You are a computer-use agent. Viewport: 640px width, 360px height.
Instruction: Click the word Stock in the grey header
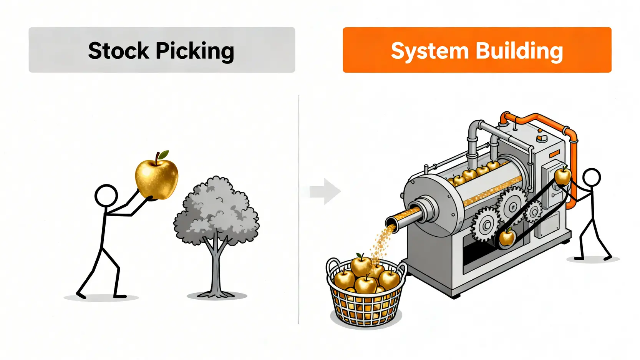click(118, 51)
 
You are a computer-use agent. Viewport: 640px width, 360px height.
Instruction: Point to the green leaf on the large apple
click(164, 154)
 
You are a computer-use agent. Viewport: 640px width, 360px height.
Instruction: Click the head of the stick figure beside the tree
click(106, 196)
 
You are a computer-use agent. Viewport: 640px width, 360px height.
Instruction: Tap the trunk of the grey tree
click(216, 269)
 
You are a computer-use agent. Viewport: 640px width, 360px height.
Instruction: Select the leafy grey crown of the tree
click(216, 211)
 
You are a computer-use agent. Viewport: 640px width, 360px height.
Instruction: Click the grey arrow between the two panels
click(325, 191)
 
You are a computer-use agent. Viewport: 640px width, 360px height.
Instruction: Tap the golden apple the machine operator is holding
click(563, 176)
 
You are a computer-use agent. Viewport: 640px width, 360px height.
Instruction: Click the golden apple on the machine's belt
click(507, 237)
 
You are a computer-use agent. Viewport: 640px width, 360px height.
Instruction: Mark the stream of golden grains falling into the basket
click(383, 242)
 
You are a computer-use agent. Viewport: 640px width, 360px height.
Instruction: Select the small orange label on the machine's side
click(554, 154)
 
